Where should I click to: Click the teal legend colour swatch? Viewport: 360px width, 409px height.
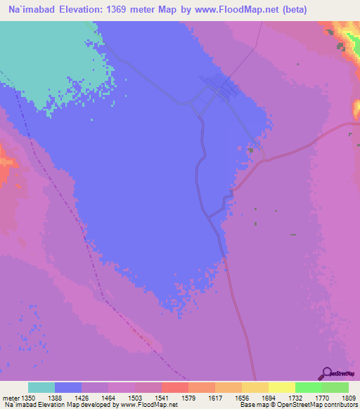click(41, 387)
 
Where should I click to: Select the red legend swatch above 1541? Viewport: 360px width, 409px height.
click(174, 387)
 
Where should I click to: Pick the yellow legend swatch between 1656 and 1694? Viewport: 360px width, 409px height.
click(255, 387)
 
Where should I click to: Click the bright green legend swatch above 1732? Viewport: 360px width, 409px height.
click(308, 387)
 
